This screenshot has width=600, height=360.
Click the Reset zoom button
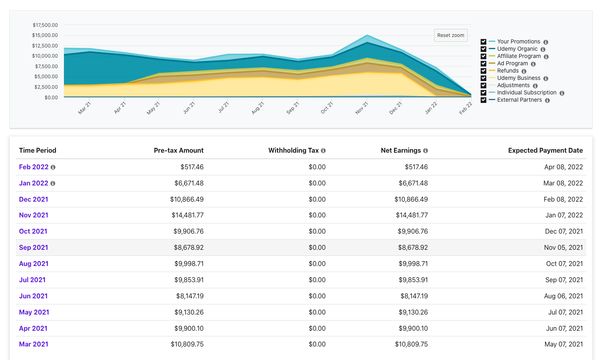point(451,35)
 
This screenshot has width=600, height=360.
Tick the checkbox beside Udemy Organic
point(484,49)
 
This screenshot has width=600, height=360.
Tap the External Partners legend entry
point(518,97)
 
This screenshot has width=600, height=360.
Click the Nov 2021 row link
point(33,215)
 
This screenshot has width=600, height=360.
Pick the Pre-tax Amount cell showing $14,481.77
point(181,215)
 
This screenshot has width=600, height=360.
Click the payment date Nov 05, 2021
point(555,247)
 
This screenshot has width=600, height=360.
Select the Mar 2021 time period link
point(33,343)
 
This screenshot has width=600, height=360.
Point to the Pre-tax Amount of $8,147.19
point(184,295)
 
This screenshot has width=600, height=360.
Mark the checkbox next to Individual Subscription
point(484,90)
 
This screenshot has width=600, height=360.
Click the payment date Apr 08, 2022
point(555,167)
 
